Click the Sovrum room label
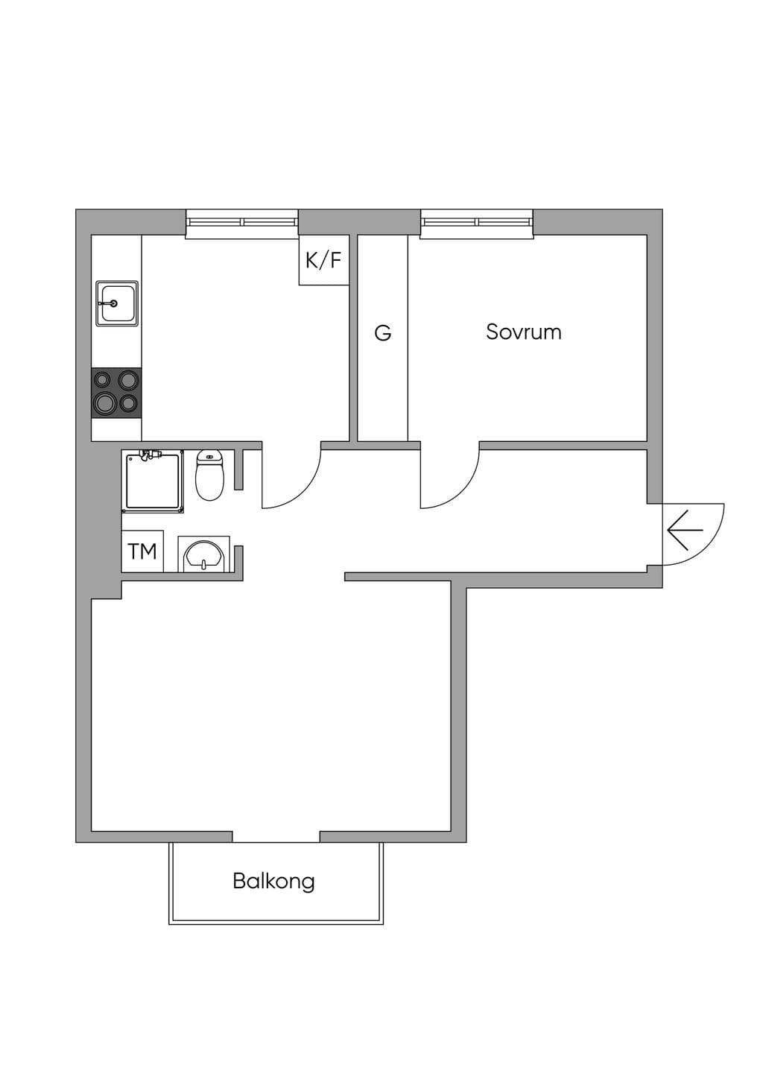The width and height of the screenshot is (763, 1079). (524, 332)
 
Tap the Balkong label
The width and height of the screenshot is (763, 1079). (273, 882)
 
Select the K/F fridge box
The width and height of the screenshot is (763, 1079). (323, 260)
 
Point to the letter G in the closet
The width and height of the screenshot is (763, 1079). (383, 333)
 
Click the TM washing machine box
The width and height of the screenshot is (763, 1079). (142, 551)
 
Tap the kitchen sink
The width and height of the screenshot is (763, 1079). (117, 303)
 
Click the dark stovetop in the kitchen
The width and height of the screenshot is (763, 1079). (116, 393)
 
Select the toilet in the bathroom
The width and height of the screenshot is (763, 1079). (209, 475)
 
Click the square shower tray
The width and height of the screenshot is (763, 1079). (154, 481)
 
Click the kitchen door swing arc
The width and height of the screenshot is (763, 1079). (304, 491)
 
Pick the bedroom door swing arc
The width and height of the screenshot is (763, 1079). (463, 491)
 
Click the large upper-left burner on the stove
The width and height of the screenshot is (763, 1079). (102, 381)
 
